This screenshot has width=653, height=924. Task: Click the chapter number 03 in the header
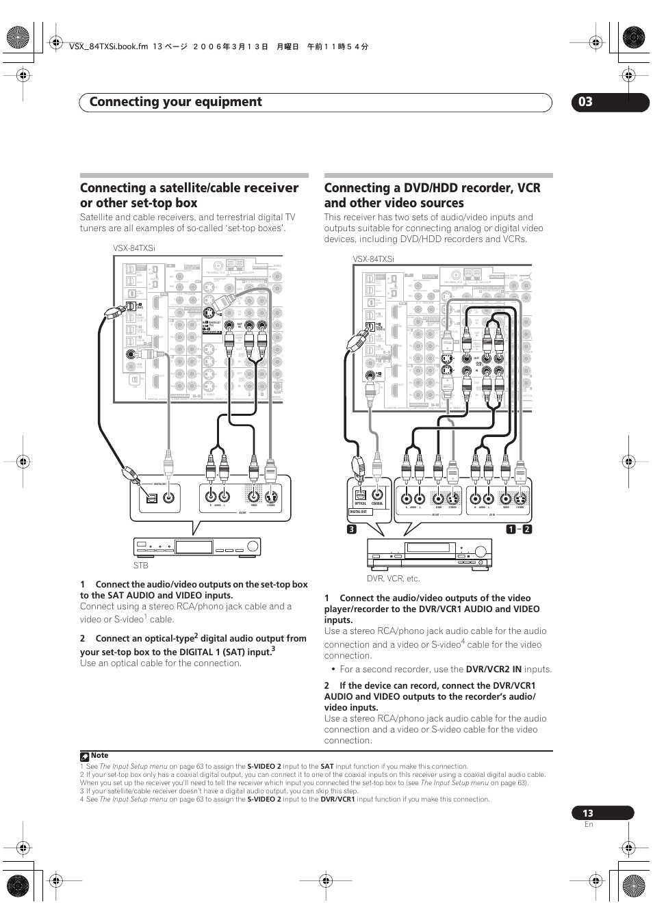coord(585,102)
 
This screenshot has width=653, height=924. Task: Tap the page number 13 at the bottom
coord(588,813)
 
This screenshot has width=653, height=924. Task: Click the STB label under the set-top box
coord(141,566)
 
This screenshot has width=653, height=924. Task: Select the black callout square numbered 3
coord(351,529)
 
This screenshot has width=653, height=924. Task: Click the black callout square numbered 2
coord(527,529)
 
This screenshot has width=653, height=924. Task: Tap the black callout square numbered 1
coord(511,529)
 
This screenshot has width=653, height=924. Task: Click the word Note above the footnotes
coord(99,756)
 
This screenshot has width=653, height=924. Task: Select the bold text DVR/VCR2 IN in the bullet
coord(494,669)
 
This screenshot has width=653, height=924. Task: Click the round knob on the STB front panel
coord(253,546)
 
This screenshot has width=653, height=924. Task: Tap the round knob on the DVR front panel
coord(482,550)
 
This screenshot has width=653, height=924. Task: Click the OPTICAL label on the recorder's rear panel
coord(361,503)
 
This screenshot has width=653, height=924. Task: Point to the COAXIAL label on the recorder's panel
coord(377,503)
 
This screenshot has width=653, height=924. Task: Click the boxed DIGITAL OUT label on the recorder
coord(359,512)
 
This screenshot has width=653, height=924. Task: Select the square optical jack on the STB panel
coord(152,498)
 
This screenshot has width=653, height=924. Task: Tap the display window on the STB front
coord(194,546)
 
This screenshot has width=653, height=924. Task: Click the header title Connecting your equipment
coord(175,102)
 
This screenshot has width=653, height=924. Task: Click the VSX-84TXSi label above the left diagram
coord(134,248)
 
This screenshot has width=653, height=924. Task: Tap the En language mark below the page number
coord(589,824)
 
